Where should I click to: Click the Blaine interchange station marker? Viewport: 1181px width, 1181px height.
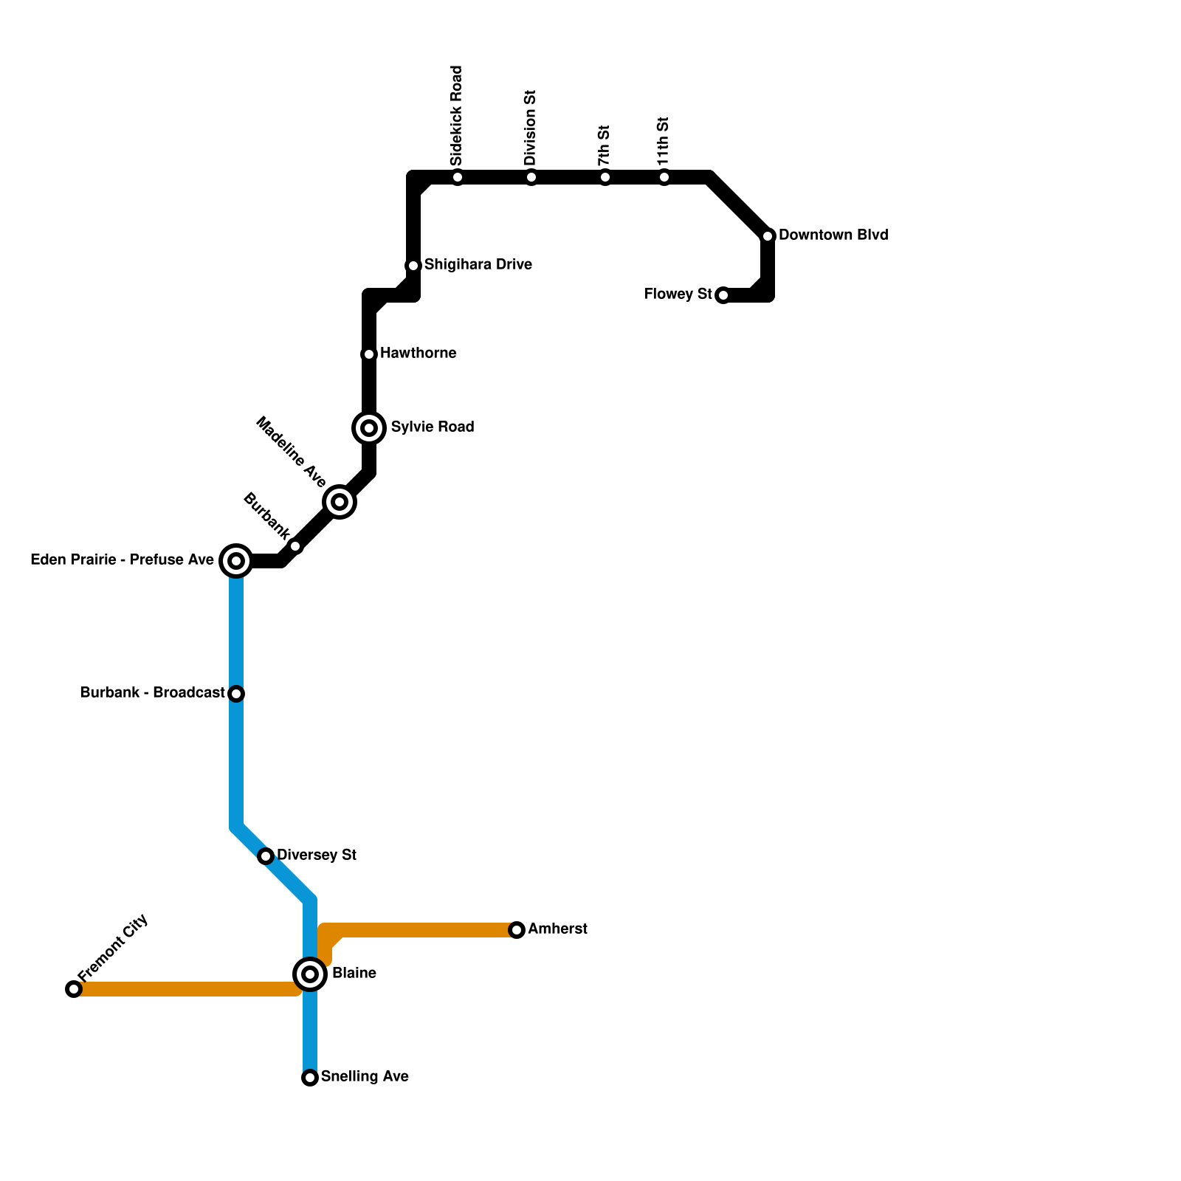(310, 974)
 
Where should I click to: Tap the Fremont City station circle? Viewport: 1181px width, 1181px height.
(74, 989)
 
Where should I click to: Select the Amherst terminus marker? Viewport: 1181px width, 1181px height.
(517, 930)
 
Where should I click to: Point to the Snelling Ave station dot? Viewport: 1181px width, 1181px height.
(310, 1078)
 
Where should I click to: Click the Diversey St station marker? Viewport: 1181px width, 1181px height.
(266, 856)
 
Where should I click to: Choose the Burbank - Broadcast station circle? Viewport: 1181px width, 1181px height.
(236, 694)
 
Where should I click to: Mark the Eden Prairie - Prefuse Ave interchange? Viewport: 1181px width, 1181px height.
(236, 561)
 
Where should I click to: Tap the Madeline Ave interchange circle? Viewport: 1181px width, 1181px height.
(340, 502)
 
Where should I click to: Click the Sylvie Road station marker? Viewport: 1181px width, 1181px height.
(370, 428)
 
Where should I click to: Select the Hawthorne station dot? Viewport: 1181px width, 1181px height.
(369, 354)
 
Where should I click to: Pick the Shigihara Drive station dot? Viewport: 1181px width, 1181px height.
(413, 266)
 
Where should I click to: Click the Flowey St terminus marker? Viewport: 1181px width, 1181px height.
(723, 295)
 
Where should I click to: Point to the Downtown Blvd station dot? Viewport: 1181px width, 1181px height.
(768, 236)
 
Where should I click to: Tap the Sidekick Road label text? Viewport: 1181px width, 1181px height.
(457, 115)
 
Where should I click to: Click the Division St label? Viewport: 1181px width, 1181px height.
(531, 128)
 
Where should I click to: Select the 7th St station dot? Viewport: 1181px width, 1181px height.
(605, 177)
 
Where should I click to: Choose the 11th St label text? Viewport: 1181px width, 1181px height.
(664, 141)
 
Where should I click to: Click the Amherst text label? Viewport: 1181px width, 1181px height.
(557, 929)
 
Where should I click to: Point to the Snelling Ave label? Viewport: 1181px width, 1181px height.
(365, 1076)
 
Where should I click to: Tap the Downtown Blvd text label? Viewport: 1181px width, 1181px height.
(833, 235)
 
